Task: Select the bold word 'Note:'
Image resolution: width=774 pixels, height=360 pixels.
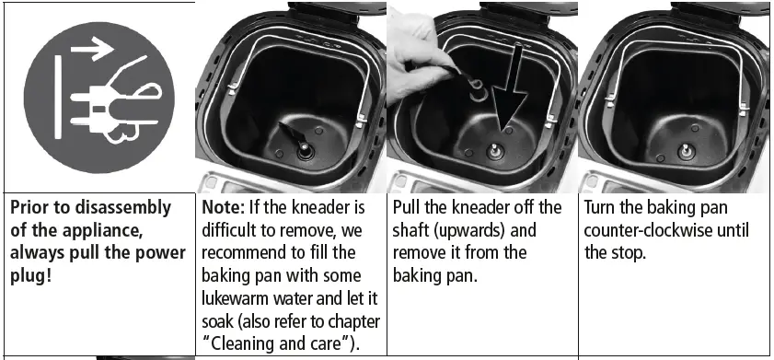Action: tap(224, 207)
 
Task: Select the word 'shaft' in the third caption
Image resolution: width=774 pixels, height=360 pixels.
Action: tap(413, 229)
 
